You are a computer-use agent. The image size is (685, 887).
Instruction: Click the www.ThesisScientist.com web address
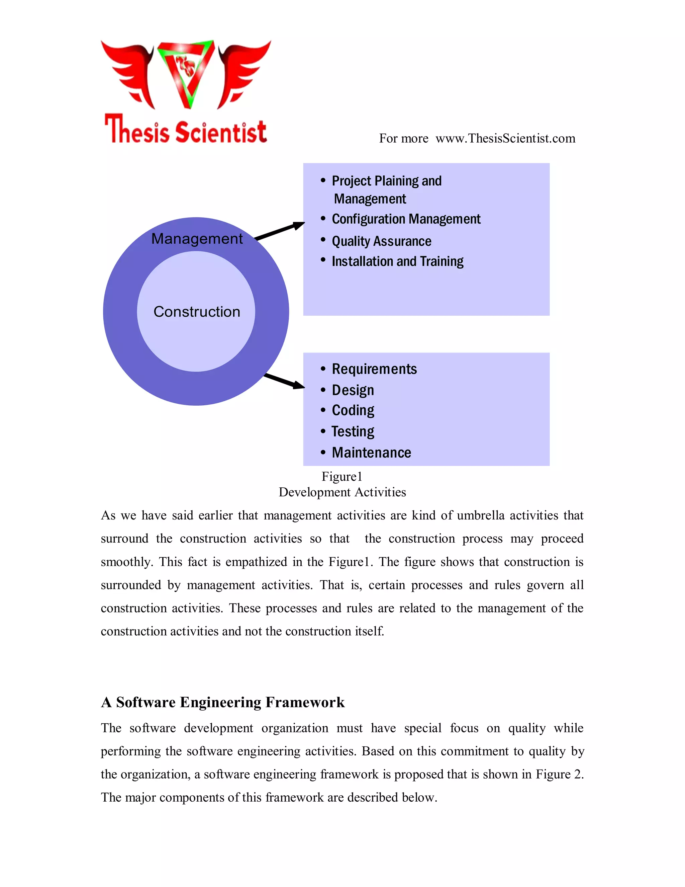[505, 139]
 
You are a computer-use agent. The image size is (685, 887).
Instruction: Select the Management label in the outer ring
[197, 239]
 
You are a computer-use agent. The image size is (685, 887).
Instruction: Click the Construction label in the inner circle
[197, 312]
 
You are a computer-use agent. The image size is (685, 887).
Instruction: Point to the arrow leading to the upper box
[280, 231]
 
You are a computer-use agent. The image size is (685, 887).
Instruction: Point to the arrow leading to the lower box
[284, 381]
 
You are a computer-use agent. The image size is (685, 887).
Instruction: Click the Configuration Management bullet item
[406, 219]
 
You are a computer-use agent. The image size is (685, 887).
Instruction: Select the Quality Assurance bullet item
[381, 241]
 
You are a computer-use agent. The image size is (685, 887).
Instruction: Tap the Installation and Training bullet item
[397, 261]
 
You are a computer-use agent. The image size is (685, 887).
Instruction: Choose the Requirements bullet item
[374, 369]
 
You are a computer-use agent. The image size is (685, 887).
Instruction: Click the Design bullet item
[353, 390]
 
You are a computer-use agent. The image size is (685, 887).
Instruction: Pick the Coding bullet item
[353, 410]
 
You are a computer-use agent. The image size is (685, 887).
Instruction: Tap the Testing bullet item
[353, 431]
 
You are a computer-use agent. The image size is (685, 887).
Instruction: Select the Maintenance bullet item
[371, 453]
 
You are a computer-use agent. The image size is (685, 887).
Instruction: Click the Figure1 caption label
[342, 476]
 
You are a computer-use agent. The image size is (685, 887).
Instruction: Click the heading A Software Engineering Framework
[223, 702]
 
